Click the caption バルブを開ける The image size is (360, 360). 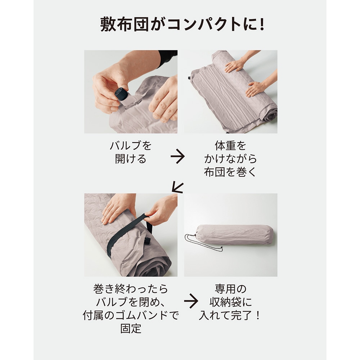[131, 152]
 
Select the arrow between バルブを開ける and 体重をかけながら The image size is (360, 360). [177, 156]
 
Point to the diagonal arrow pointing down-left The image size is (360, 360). [178, 188]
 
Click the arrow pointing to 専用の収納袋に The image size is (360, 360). [191, 301]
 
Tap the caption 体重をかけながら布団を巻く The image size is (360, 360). [230, 159]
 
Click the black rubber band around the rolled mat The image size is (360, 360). [129, 234]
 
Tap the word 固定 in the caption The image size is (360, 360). [131, 329]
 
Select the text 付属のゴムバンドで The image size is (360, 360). [131, 315]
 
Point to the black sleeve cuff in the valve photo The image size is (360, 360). [168, 58]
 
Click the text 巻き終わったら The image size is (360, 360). [131, 289]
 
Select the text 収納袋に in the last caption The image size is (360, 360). [230, 302]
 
